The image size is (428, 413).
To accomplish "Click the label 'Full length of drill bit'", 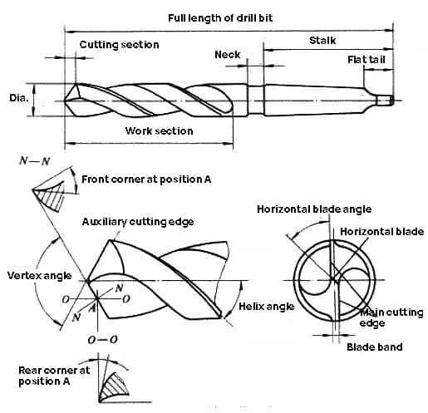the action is (x=220, y=18).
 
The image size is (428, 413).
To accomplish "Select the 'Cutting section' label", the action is (x=119, y=45).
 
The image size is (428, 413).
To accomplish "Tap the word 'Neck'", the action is (x=227, y=55).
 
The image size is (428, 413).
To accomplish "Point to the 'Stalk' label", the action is (x=322, y=41).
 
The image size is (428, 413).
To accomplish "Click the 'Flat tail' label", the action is (x=367, y=60).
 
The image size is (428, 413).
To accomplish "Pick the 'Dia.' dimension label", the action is (x=19, y=98).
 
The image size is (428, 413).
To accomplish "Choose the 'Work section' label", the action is (x=159, y=130).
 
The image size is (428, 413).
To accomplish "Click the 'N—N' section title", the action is (x=35, y=161).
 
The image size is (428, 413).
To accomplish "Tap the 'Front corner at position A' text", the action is (x=146, y=179).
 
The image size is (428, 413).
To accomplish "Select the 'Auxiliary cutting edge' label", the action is (x=138, y=222).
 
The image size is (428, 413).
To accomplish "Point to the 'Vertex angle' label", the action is (x=39, y=276).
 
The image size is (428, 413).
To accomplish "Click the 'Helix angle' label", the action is (x=267, y=307).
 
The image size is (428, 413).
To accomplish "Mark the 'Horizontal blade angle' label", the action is (x=314, y=209).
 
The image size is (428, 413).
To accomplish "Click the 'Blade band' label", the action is (x=375, y=347).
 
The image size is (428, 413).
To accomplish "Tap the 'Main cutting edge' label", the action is (x=391, y=317).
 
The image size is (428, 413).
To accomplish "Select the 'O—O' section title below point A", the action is (x=102, y=340).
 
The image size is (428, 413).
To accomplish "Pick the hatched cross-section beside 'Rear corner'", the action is (x=114, y=386).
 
